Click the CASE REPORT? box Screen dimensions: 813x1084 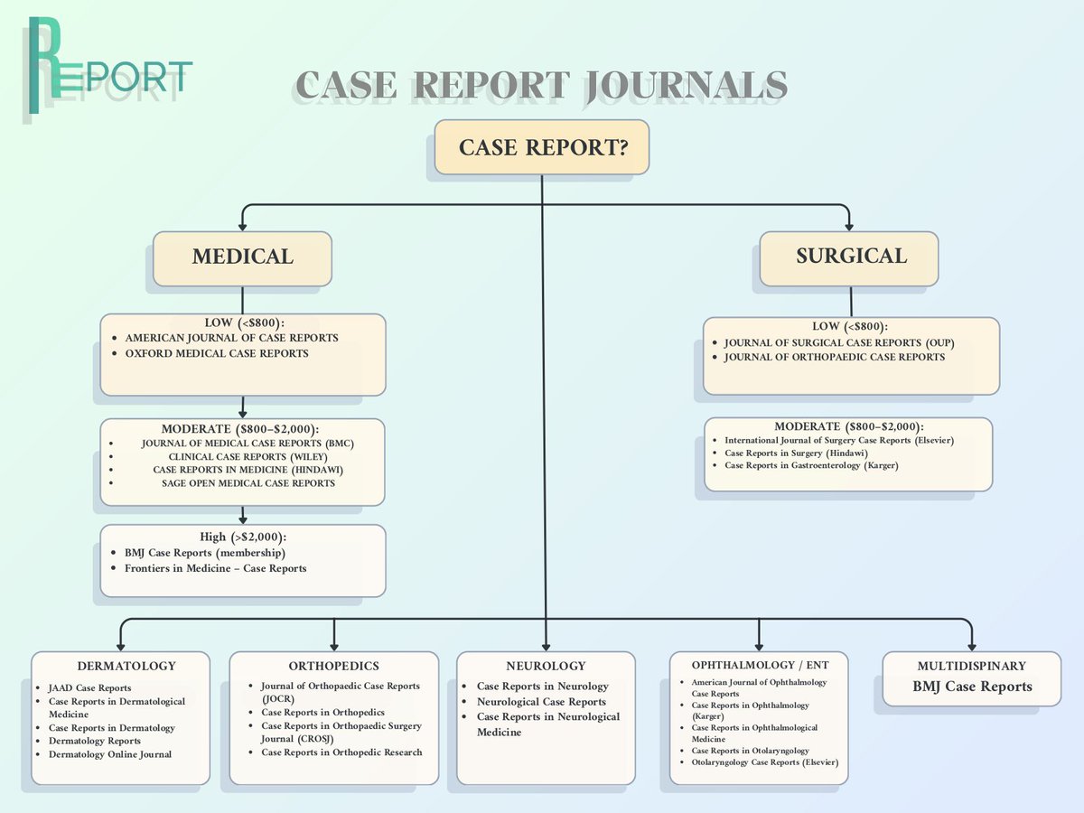pyautogui.click(x=542, y=147)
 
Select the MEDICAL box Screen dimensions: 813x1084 pyautogui.click(x=242, y=257)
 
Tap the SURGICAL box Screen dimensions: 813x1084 pyautogui.click(x=850, y=257)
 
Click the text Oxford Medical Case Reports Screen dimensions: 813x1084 pyautogui.click(x=217, y=353)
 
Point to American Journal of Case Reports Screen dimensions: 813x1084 pyautogui.click(x=231, y=338)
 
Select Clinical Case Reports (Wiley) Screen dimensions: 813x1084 pyautogui.click(x=241, y=457)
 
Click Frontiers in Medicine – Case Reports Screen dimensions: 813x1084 pyautogui.click(x=215, y=568)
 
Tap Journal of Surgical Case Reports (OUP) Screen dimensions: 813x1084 pyautogui.click(x=839, y=343)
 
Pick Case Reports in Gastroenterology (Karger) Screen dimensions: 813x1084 pyautogui.click(x=811, y=465)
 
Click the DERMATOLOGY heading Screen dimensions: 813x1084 pyautogui.click(x=126, y=667)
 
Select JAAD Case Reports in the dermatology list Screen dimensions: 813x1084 pyautogui.click(x=89, y=688)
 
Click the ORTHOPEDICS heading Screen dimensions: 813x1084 pyautogui.click(x=334, y=667)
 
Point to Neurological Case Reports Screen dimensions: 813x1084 pyautogui.click(x=541, y=702)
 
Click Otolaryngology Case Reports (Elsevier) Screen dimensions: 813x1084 pyautogui.click(x=764, y=762)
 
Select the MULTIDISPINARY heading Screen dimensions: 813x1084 pyautogui.click(x=971, y=667)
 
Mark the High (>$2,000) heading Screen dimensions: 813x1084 pyautogui.click(x=242, y=537)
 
